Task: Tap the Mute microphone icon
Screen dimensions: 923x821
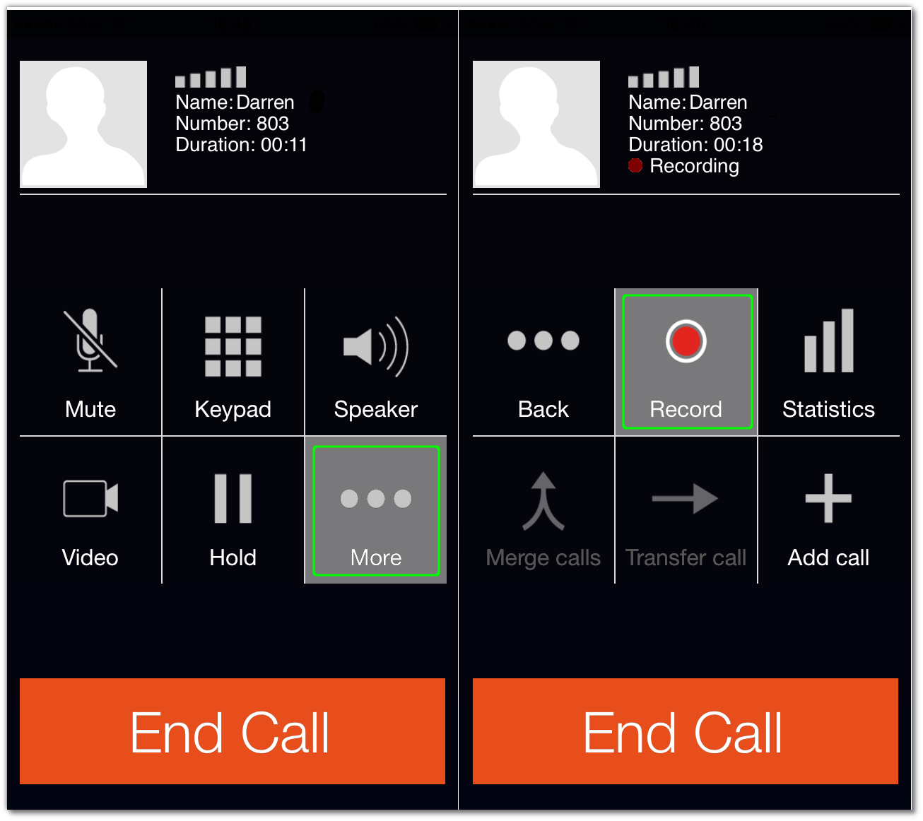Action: [x=90, y=341]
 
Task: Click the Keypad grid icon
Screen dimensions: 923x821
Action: [x=233, y=346]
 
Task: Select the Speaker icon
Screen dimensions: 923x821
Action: [x=376, y=346]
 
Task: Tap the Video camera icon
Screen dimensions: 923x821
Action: [x=90, y=498]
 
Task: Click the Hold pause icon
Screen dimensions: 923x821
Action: [x=233, y=498]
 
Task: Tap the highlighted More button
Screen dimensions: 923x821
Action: [x=376, y=511]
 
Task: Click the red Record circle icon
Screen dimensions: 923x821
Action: [x=686, y=341]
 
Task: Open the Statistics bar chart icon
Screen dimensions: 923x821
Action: [x=829, y=341]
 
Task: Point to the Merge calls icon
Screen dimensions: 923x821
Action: [x=543, y=501]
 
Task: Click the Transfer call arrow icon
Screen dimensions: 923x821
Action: [x=686, y=498]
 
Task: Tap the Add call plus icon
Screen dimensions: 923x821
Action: [x=828, y=498]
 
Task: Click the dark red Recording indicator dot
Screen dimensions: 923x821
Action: [x=635, y=165]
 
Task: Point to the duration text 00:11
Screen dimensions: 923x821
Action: [x=284, y=145]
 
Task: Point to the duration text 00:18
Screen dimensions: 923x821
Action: [x=738, y=145]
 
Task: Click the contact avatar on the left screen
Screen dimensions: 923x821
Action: [x=83, y=124]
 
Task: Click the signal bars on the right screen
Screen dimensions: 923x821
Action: [x=664, y=77]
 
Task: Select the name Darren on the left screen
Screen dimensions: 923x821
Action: [x=265, y=102]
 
